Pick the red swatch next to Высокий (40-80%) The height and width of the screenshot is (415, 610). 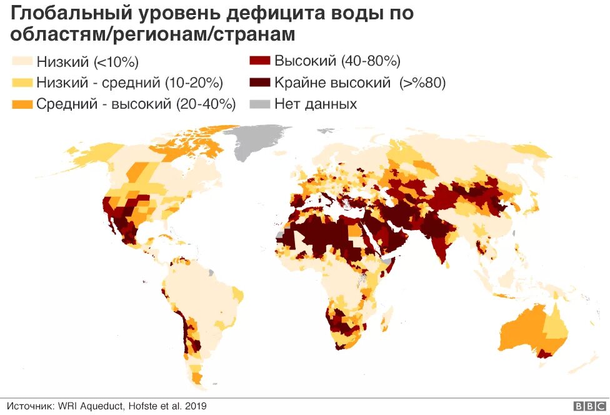click(x=259, y=61)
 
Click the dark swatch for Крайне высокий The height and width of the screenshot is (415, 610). click(x=259, y=82)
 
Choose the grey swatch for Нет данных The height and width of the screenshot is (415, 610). click(x=259, y=104)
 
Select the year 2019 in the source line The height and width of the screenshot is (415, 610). click(x=194, y=406)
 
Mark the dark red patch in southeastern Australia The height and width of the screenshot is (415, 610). click(x=544, y=354)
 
